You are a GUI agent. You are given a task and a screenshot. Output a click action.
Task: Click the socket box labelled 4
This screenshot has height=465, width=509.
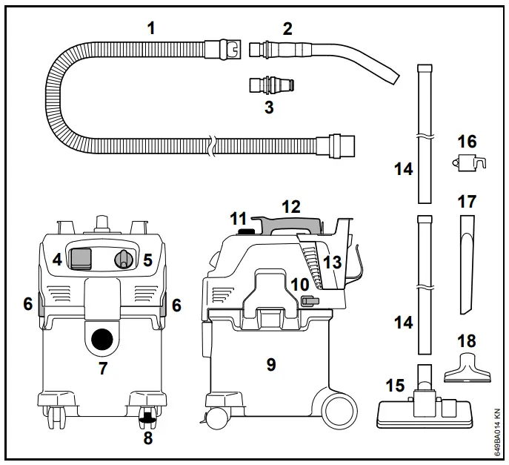pyautogui.click(x=80, y=257)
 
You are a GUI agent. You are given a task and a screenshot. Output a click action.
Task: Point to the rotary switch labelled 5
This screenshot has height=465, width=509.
pyautogui.click(x=124, y=259)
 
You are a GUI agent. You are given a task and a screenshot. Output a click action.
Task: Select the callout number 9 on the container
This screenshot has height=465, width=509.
pyautogui.click(x=270, y=364)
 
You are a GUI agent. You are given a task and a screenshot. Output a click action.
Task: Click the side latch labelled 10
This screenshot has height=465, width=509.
pyautogui.click(x=310, y=300)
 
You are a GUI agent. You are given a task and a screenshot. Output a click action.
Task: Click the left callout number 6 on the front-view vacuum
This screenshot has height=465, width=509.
pyautogui.click(x=27, y=304)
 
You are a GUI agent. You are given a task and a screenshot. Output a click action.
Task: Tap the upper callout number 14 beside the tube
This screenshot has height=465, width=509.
pyautogui.click(x=403, y=169)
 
